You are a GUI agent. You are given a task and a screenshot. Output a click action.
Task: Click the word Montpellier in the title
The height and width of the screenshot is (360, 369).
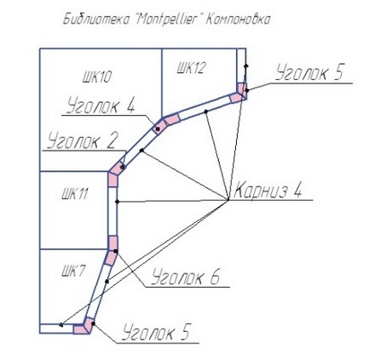(165, 20)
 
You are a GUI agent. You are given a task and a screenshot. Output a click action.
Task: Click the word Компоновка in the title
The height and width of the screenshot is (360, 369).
(237, 20)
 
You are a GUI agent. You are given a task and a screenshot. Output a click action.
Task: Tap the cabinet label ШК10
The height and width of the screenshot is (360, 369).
(97, 77)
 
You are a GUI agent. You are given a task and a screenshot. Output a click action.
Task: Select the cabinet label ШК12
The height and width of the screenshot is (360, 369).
(191, 68)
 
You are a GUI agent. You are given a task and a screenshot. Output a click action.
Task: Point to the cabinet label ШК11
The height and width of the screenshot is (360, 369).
(75, 195)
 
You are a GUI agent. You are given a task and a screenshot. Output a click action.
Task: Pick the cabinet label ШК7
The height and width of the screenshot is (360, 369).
(72, 272)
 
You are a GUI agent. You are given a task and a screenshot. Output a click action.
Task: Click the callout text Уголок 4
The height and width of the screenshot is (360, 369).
(101, 106)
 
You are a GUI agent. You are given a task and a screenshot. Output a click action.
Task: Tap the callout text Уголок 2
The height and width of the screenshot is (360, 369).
(83, 140)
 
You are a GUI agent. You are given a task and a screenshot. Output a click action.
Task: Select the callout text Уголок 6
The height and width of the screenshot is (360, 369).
(185, 277)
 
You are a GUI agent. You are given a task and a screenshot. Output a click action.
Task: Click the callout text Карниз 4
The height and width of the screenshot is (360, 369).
(268, 190)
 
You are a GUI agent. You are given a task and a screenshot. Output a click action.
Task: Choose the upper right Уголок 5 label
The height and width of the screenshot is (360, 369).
(309, 71)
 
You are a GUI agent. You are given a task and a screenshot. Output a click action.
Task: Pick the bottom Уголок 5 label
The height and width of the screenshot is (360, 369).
(156, 332)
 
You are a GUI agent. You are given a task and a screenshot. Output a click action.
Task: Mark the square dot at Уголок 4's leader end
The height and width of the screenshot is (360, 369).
(158, 129)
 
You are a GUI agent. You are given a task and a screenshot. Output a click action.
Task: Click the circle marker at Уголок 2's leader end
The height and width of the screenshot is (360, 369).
(123, 168)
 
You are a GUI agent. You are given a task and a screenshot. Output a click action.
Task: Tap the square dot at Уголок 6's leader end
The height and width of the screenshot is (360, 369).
(116, 251)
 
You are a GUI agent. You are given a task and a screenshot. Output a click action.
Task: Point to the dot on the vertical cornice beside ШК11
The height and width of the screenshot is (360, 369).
(117, 202)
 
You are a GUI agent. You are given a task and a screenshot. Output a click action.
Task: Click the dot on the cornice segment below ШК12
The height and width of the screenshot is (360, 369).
(206, 111)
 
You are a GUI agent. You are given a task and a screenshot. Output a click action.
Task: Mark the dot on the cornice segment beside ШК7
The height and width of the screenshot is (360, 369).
(107, 282)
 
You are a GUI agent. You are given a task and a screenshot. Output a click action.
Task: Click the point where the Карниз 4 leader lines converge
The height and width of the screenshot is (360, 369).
(228, 200)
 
